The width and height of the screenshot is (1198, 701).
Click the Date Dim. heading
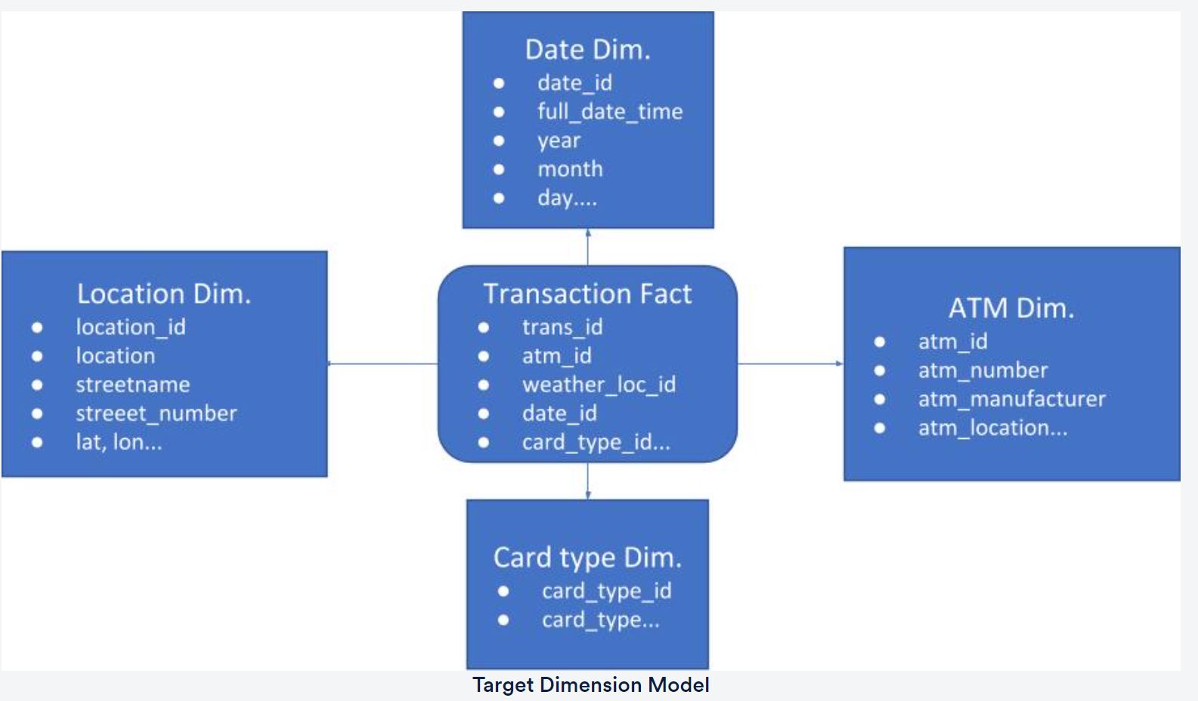coord(587,50)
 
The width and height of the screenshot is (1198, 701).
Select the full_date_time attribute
coord(609,112)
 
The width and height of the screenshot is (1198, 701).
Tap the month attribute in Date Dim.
coord(570,169)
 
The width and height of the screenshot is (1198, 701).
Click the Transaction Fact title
coord(587,294)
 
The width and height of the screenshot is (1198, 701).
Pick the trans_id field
coord(562,327)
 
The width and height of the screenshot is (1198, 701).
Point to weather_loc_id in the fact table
coord(599,384)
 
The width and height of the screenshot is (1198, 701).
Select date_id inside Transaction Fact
coord(559,413)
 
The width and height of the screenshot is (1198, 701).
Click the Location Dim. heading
coord(163,294)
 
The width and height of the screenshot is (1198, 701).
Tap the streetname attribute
coord(132,384)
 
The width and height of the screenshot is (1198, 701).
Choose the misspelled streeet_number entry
coord(156,413)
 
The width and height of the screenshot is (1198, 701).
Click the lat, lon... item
coord(119,442)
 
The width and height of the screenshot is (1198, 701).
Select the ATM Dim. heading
coord(1011,308)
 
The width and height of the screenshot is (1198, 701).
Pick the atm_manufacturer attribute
coord(1011,399)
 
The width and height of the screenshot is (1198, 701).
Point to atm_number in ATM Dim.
coord(983,370)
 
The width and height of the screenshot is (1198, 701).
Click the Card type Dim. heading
coord(587,557)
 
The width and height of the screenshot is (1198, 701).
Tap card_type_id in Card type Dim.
coord(606,591)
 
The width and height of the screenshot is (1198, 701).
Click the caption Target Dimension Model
coord(590,685)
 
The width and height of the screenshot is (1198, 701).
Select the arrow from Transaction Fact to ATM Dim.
coord(790,363)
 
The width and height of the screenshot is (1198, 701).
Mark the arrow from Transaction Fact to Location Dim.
coord(382,363)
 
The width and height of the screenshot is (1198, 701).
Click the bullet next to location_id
coord(37,327)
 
